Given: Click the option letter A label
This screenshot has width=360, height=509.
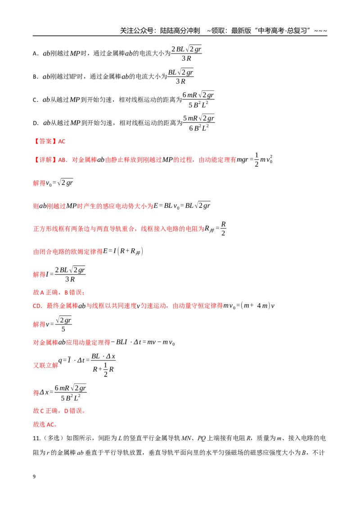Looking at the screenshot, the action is [x=36, y=54].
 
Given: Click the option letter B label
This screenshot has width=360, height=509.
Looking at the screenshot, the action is [x=35, y=77].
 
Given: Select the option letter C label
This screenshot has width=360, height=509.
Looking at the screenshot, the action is [x=35, y=100].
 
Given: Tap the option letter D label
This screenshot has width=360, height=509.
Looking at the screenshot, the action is [x=36, y=123].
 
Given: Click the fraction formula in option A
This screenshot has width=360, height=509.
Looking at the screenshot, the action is [x=186, y=54].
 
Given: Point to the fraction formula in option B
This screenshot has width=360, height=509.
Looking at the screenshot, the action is [x=180, y=76].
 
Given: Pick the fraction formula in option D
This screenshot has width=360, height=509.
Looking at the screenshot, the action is [x=198, y=123].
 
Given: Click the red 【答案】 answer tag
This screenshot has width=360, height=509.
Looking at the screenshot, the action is [x=45, y=141].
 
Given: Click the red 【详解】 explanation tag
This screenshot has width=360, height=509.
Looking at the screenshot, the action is [x=45, y=160].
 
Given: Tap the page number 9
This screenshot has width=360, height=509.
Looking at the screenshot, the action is [x=34, y=477].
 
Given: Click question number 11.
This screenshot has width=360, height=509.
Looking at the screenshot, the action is [x=36, y=438].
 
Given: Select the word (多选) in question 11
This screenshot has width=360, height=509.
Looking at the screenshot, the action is [x=53, y=438].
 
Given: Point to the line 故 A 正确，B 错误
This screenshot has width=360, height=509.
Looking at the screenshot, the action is [x=59, y=292].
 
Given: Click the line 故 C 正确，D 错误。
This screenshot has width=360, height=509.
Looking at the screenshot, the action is [x=59, y=411].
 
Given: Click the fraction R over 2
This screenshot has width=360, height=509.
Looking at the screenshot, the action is [x=223, y=228].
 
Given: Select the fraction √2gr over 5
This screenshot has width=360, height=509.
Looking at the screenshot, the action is [x=63, y=324].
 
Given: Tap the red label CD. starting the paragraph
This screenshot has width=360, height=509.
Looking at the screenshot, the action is [x=37, y=306].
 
